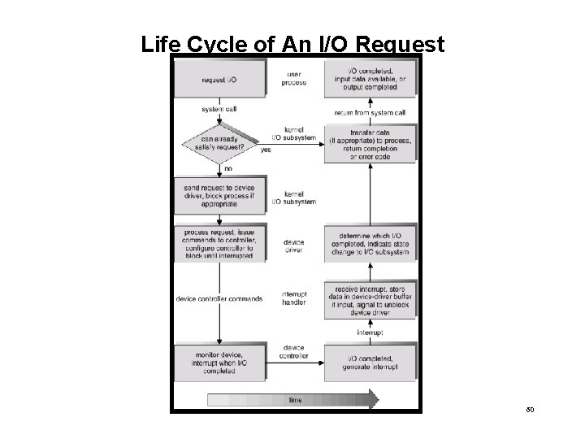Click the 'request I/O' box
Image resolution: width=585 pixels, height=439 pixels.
(219, 79)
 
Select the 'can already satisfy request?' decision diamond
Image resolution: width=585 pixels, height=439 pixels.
(219, 145)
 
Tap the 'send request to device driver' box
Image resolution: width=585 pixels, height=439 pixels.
(219, 197)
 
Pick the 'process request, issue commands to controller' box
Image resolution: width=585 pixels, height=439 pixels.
(219, 244)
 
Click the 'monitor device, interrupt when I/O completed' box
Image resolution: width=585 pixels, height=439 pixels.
(219, 363)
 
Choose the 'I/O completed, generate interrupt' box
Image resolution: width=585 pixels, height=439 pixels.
(370, 363)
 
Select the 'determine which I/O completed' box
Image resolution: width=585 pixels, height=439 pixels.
(370, 244)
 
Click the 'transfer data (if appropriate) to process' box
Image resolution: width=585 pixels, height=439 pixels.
(370, 145)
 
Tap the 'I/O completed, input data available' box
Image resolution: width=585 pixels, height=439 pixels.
(370, 79)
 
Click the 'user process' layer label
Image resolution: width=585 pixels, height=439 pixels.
(295, 79)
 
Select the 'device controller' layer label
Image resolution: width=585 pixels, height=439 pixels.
(295, 353)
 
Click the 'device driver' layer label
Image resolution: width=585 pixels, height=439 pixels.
(295, 246)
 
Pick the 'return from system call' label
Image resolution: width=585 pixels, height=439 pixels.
(370, 112)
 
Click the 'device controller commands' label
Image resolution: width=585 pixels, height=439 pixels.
(219, 298)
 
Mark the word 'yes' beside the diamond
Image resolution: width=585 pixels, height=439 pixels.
(266, 150)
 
